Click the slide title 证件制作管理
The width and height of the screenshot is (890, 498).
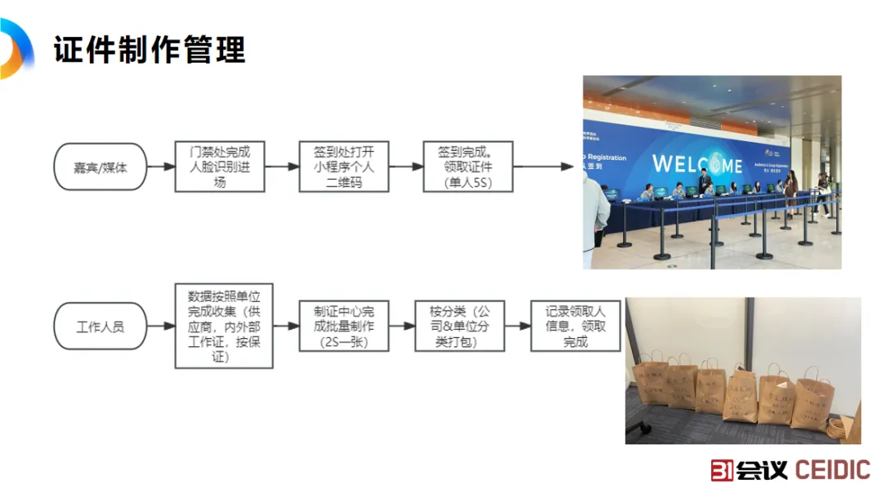(150, 50)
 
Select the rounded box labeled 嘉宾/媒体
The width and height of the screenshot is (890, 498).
(100, 167)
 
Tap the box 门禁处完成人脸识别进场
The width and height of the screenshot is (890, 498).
(219, 167)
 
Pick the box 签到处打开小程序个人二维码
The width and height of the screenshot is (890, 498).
(344, 167)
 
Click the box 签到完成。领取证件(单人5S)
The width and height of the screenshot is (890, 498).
(467, 167)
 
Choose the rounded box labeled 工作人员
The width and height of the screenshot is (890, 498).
(100, 327)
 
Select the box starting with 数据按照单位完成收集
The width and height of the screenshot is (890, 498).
(223, 327)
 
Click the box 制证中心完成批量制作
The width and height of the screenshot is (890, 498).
(344, 327)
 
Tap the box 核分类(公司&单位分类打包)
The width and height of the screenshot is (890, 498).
(459, 327)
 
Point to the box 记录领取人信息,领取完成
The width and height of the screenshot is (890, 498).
(575, 327)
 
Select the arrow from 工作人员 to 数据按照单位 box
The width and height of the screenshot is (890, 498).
(161, 327)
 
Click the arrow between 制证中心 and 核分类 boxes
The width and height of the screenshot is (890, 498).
(402, 327)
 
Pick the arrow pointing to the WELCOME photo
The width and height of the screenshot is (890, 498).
(544, 167)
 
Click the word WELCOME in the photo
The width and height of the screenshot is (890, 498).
(697, 162)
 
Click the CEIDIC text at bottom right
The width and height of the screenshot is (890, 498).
(832, 470)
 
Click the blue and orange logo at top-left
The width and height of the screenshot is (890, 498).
(15, 48)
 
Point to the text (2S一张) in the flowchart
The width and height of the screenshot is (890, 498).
(344, 342)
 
